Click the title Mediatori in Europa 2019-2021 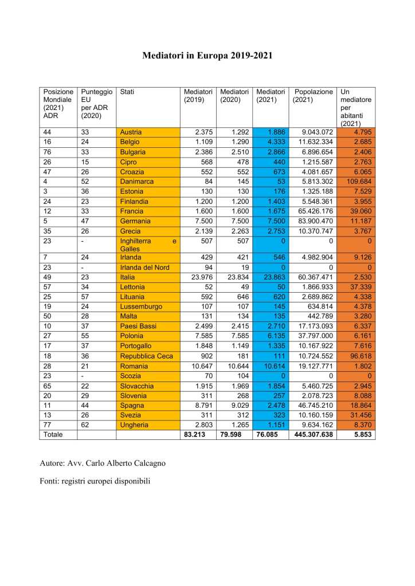tap(207, 56)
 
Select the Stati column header tap(127, 92)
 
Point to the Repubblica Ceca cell tap(147, 356)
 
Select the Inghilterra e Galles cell tap(147, 245)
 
